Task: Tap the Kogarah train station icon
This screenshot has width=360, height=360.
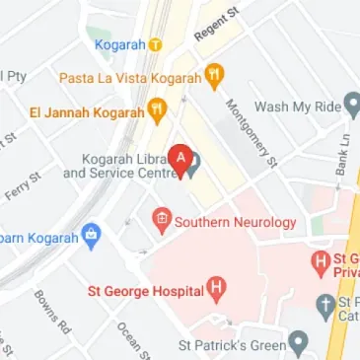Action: (x=155, y=44)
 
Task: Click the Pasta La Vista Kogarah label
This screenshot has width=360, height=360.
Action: (x=130, y=76)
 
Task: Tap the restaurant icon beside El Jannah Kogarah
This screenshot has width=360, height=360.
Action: (x=156, y=108)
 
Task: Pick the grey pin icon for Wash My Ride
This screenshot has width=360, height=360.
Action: (x=352, y=106)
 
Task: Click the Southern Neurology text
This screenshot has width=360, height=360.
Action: (x=235, y=223)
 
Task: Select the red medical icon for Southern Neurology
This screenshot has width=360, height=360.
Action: (x=162, y=222)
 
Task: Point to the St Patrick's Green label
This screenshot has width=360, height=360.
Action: (x=231, y=345)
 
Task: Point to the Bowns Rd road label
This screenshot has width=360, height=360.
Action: (x=52, y=310)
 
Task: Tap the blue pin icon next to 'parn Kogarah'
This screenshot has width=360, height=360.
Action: (x=91, y=237)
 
